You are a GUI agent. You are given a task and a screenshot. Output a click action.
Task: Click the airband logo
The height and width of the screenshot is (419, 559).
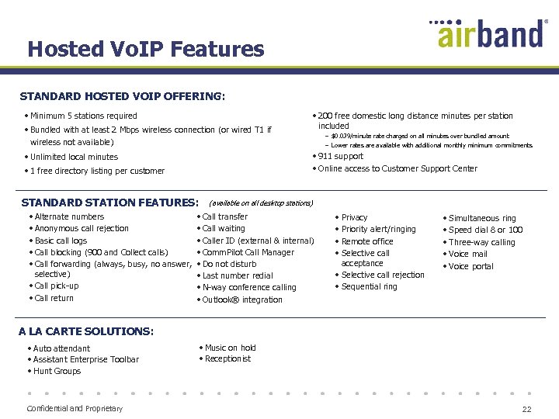click(489, 33)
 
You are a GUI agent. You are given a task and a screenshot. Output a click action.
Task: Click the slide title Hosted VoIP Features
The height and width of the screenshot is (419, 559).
click(146, 50)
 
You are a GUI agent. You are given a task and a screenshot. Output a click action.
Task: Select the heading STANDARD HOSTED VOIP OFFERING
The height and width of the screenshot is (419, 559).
click(123, 97)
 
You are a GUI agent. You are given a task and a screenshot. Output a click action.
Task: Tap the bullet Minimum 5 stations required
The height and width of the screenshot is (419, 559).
click(83, 116)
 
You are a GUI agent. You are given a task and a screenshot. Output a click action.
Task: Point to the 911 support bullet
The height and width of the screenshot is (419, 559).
click(340, 156)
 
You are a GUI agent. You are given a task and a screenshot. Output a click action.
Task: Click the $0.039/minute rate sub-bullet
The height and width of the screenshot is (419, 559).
click(419, 136)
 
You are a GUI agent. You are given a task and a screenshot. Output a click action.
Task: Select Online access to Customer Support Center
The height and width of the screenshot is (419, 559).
click(398, 168)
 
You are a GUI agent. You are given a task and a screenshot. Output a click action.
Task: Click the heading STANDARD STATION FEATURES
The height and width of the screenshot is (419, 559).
click(109, 203)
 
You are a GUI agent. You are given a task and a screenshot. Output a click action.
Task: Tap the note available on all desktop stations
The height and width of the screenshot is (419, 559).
click(261, 203)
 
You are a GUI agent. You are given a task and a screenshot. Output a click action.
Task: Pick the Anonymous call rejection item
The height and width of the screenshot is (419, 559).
click(82, 229)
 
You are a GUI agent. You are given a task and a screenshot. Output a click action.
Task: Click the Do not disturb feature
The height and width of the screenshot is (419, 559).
click(229, 264)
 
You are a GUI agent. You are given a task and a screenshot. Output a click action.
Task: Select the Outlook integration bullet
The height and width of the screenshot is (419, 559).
click(242, 300)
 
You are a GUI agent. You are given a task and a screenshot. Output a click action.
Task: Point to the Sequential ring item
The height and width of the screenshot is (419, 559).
click(369, 286)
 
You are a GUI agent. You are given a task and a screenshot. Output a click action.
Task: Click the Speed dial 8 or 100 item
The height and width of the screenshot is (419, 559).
click(485, 230)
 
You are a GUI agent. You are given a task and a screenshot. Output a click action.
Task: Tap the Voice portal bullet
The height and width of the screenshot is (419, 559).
click(470, 267)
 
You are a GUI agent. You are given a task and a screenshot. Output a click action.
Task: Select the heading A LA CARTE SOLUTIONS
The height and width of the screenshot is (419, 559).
click(86, 331)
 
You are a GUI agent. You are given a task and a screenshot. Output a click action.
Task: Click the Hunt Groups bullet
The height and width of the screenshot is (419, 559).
click(57, 371)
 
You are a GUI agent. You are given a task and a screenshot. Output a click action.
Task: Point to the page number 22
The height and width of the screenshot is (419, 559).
click(526, 409)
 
